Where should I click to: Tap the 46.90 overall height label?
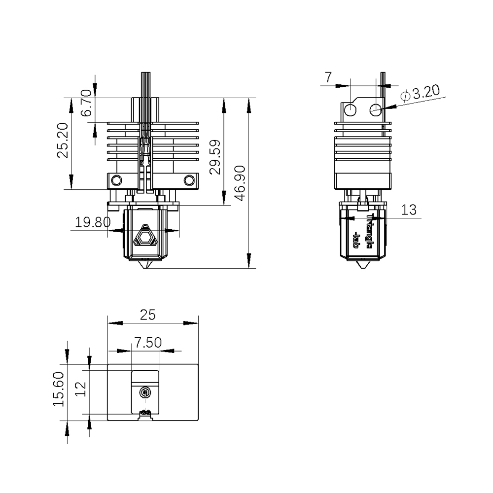(x=240, y=183)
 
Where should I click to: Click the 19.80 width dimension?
(x=93, y=222)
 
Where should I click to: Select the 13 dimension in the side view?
(x=409, y=210)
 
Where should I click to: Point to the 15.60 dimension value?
(x=59, y=389)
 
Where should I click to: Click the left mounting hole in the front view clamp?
(x=116, y=180)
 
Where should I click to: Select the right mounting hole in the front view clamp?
(x=188, y=180)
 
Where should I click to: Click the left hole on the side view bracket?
(x=350, y=109)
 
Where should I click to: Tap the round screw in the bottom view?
(x=145, y=392)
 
